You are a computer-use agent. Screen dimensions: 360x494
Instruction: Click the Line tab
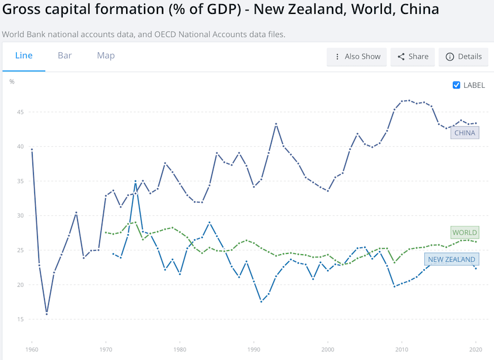click(24, 56)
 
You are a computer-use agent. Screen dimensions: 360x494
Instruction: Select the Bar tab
click(65, 56)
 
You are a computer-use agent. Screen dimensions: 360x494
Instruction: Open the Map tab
click(106, 56)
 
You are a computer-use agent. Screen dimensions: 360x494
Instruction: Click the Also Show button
click(357, 57)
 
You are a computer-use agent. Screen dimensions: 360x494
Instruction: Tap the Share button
click(413, 57)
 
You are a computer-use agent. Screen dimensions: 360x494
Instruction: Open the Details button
click(464, 57)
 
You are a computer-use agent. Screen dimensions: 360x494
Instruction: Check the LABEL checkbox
click(456, 85)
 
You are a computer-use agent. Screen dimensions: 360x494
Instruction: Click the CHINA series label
click(464, 133)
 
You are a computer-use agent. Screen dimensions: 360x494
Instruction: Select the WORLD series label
click(464, 233)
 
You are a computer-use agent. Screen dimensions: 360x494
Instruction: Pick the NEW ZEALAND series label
click(452, 260)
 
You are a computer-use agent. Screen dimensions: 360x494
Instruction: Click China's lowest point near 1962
click(46, 314)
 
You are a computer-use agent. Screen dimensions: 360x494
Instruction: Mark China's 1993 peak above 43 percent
click(276, 124)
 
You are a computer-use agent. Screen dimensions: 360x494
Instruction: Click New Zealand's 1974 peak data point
click(135, 181)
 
